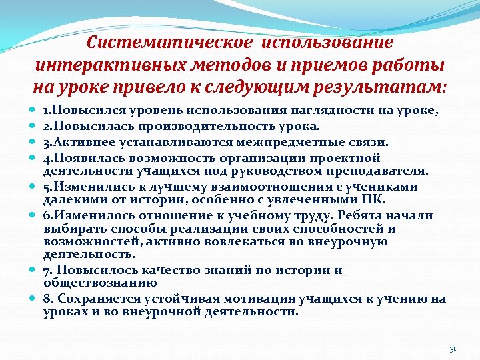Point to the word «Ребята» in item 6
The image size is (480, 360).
click(360, 215)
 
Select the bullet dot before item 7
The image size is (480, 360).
click(33, 270)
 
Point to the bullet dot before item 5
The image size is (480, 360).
click(33, 187)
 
